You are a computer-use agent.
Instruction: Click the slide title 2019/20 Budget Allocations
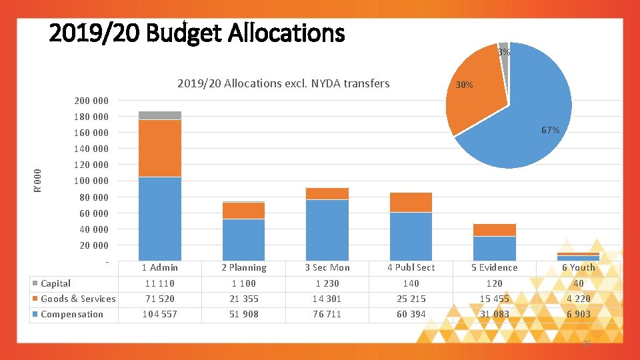(197, 33)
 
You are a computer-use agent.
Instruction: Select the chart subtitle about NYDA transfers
(283, 83)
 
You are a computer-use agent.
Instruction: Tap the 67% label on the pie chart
(550, 130)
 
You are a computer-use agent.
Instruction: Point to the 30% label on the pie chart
(463, 85)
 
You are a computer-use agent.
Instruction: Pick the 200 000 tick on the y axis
(91, 101)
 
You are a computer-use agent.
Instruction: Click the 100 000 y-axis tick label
(91, 181)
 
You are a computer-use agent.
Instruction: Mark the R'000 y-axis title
(38, 180)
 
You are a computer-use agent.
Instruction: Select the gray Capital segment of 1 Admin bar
(160, 115)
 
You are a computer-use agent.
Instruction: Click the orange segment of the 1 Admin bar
(160, 148)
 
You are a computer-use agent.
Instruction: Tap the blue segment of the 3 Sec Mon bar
(327, 229)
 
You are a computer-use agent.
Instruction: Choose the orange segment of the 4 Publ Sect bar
(411, 202)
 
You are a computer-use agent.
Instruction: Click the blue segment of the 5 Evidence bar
(494, 248)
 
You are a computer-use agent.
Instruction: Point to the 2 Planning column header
(243, 267)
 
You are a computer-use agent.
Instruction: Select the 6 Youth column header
(578, 267)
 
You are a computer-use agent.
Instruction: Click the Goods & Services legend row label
(77, 299)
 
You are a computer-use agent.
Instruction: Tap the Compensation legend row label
(71, 314)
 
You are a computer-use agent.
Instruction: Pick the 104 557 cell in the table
(160, 314)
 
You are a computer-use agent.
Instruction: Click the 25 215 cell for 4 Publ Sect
(411, 299)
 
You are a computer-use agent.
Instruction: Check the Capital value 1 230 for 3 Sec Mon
(327, 283)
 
